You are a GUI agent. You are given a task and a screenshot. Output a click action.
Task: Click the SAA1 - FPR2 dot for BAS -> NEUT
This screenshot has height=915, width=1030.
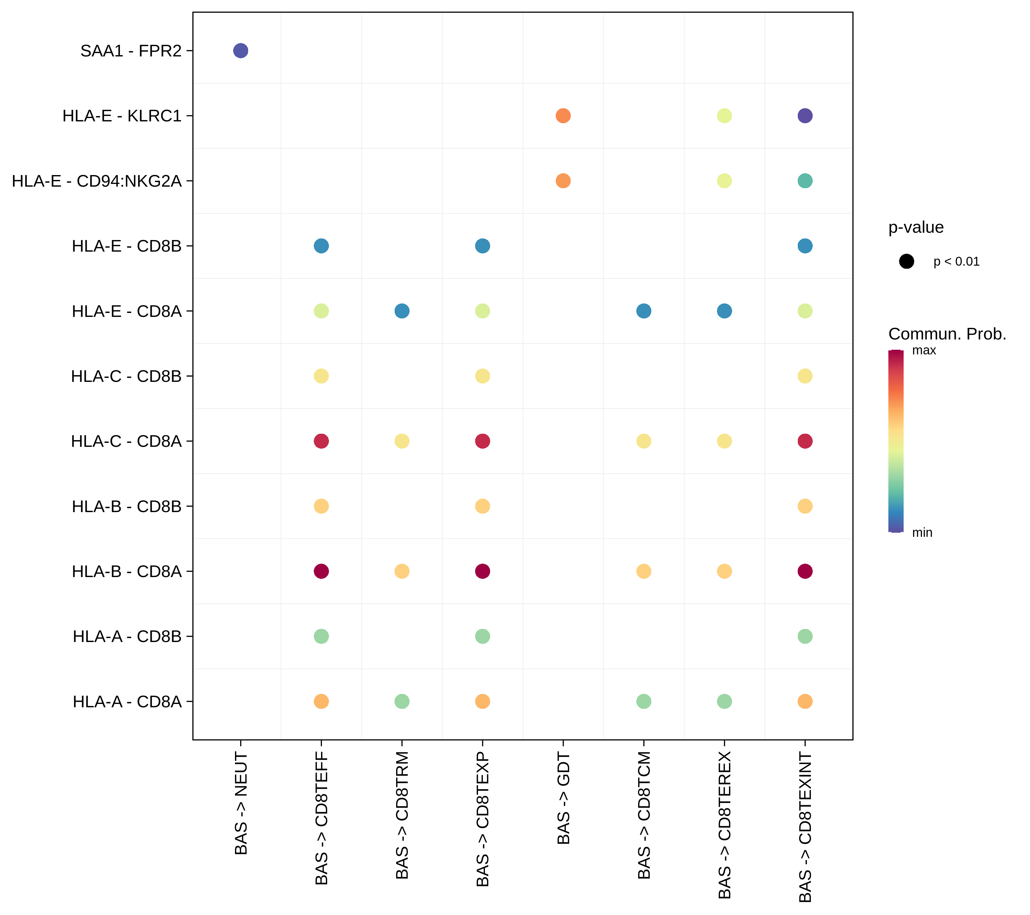point(240,51)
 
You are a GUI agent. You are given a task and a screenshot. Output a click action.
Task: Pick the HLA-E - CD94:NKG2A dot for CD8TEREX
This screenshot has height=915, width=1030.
point(724,181)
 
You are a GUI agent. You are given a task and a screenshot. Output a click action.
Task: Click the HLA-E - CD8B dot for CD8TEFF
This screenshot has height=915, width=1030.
point(321,246)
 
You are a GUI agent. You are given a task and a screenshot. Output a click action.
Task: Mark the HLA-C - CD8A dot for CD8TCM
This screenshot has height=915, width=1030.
point(644,441)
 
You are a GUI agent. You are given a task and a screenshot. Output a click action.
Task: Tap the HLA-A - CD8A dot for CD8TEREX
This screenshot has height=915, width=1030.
point(724,701)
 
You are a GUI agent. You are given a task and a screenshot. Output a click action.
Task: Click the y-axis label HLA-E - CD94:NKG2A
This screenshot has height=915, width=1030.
point(97,181)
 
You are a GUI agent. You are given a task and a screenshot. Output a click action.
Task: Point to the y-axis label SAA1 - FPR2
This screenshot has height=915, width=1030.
point(131,51)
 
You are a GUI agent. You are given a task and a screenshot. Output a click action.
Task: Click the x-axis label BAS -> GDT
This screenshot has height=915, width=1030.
point(563,799)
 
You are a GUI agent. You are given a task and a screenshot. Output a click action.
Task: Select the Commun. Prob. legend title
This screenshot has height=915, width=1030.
point(947,334)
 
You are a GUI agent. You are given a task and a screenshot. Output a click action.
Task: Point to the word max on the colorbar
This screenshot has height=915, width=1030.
point(924,350)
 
